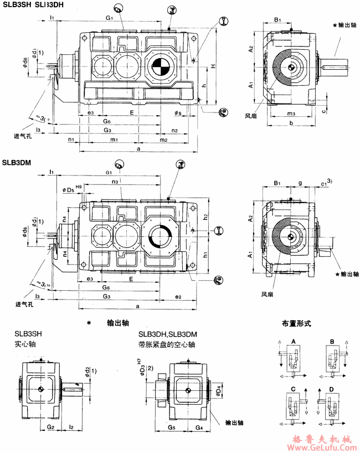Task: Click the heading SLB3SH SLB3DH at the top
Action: (x=33, y=6)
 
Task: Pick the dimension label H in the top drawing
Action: (x=213, y=67)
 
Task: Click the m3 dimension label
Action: (x=291, y=114)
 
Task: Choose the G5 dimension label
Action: (x=172, y=427)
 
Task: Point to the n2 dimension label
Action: (x=174, y=131)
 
